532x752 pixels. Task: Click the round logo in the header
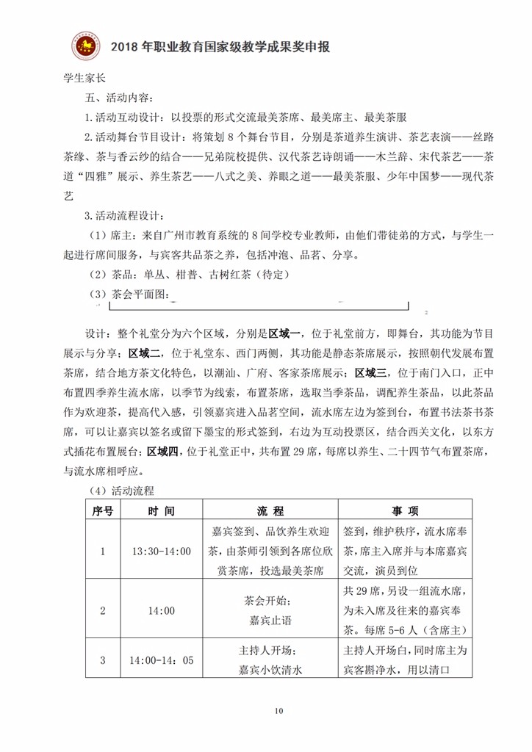(87, 48)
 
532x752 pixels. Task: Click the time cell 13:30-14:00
(160, 552)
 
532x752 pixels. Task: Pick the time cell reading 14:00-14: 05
(160, 660)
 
